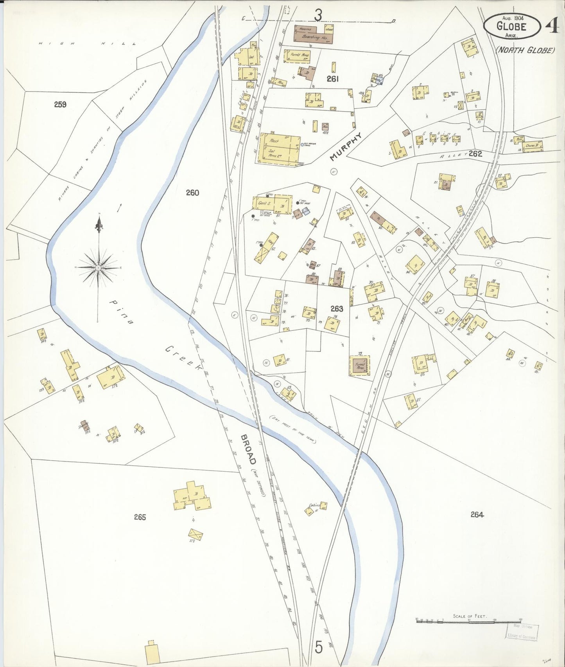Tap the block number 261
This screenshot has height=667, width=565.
tap(332, 79)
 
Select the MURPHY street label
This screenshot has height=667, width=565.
tap(346, 146)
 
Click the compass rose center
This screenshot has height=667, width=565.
tap(99, 268)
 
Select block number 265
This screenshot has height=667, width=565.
tap(140, 517)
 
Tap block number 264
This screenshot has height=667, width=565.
tap(477, 515)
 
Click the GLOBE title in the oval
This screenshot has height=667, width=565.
tap(511, 27)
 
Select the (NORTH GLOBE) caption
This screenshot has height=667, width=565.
tap(525, 50)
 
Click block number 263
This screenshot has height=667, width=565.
tap(337, 308)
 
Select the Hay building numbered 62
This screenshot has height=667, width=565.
tap(267, 248)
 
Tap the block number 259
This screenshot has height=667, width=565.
tap(60, 105)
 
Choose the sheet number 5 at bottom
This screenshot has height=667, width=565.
tap(319, 648)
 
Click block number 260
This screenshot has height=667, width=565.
tap(192, 193)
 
